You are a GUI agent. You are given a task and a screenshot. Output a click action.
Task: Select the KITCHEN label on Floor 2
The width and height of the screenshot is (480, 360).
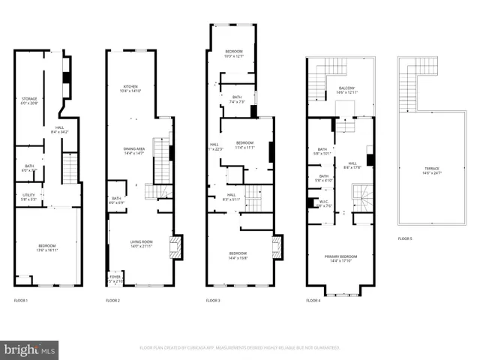pyautogui.click(x=130, y=88)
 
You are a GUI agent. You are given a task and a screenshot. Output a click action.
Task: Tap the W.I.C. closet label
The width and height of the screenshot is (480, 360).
pyautogui.click(x=324, y=202)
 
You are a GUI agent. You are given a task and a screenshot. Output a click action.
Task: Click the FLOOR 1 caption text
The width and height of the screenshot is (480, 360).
pyautogui.click(x=21, y=300)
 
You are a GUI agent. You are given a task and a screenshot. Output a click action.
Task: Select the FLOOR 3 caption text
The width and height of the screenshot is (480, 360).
pyautogui.click(x=213, y=300)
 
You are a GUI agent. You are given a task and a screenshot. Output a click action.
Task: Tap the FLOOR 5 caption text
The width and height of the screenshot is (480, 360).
pyautogui.click(x=405, y=238)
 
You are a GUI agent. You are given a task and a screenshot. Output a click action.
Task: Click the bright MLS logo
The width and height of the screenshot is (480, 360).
pyautogui.click(x=30, y=349)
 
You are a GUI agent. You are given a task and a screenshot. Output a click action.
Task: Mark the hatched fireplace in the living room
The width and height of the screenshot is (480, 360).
pyautogui.click(x=176, y=247)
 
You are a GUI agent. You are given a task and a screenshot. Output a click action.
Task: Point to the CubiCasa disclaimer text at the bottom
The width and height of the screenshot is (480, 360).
pyautogui.click(x=239, y=348)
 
